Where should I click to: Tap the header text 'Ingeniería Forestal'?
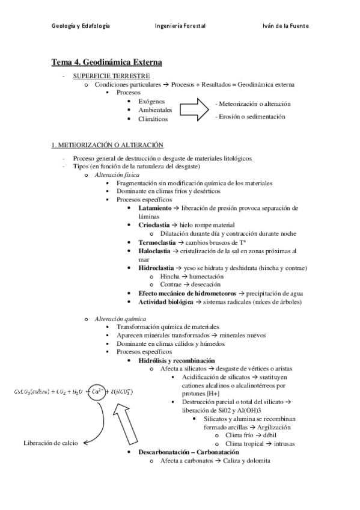[x=180, y=26]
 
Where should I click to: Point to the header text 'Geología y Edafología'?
[x=80, y=26]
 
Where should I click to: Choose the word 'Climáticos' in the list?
[x=153, y=119]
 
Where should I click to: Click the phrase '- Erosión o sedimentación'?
[x=249, y=117]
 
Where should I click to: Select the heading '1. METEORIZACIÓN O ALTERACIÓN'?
[x=107, y=146]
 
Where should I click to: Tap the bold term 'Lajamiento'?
[x=154, y=208]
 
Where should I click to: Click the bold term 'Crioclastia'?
[x=154, y=224]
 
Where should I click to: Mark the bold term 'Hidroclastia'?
[x=156, y=268]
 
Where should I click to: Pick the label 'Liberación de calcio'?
[x=51, y=443]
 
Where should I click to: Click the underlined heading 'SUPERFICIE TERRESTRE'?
[x=111, y=76]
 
